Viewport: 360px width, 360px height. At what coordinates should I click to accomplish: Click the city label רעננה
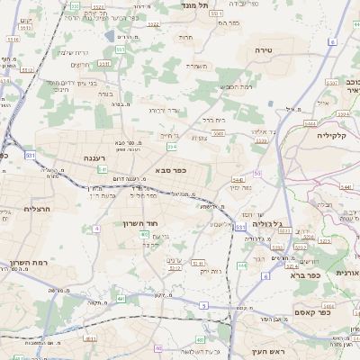click(x=93, y=157)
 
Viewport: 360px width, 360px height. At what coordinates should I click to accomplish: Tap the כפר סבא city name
click(x=171, y=170)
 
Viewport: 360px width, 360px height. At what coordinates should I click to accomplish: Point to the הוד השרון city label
click(x=143, y=222)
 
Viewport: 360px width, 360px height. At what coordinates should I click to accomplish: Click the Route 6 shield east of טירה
click(x=332, y=42)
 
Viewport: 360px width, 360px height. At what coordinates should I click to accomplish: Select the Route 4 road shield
click(x=96, y=229)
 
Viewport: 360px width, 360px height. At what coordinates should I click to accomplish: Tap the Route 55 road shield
click(x=258, y=173)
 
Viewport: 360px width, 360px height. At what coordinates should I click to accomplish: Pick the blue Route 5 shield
click(x=203, y=306)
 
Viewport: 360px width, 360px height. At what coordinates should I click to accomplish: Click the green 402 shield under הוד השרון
click(x=144, y=234)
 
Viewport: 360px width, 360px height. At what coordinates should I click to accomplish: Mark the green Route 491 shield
click(x=120, y=298)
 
